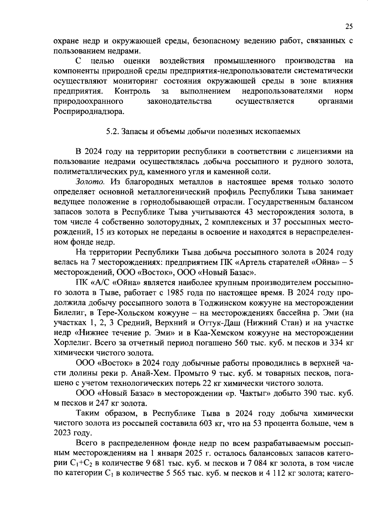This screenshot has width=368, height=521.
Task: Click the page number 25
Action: tap(349, 26)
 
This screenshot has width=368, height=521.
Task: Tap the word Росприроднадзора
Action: tap(89, 111)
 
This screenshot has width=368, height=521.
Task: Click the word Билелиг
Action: tap(68, 313)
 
